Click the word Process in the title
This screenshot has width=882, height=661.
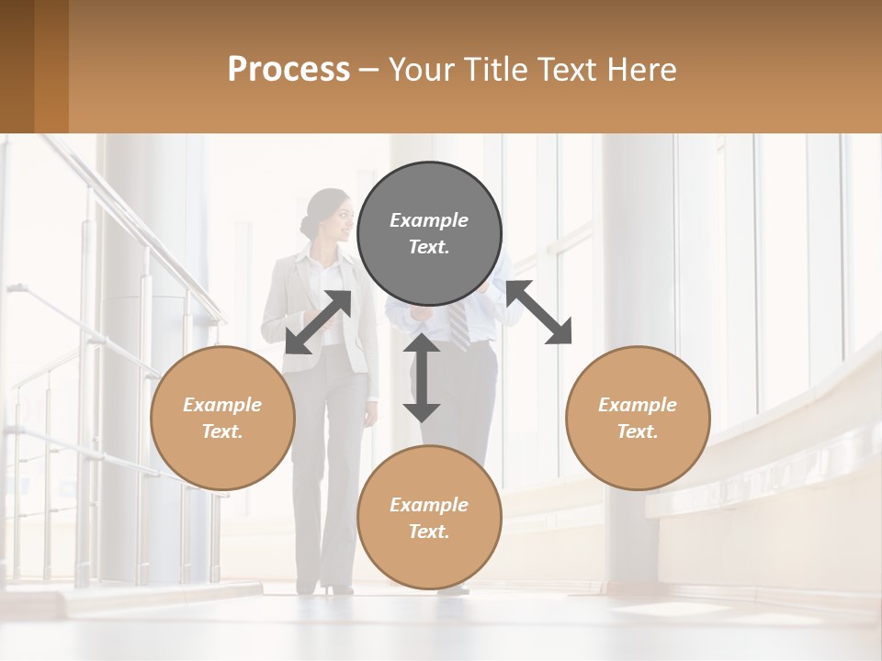tap(288, 70)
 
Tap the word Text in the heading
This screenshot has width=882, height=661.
tap(568, 70)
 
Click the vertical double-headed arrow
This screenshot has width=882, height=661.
tap(422, 377)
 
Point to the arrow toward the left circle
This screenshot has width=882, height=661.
tap(318, 321)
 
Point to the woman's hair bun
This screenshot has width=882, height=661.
tap(307, 226)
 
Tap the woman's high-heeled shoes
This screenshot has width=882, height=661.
tap(337, 587)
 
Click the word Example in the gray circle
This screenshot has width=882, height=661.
tap(429, 220)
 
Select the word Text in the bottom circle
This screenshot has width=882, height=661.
tap(429, 532)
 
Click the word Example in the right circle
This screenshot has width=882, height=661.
tap(638, 405)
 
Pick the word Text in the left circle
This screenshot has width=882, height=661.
tap(222, 431)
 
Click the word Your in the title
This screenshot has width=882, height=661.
tap(424, 70)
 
